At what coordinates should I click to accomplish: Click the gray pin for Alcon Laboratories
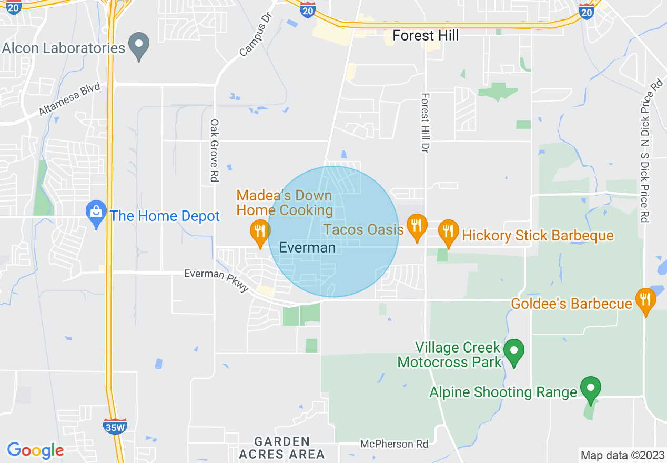coord(139,46)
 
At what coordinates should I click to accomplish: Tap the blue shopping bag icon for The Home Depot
coord(96,214)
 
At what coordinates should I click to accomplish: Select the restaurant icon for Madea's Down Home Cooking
coord(259,232)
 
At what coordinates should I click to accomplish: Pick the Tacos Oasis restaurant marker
coord(417,227)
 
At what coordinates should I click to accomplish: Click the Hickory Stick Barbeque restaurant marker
coord(448,232)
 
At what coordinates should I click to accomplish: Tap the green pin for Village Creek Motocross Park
coord(514,351)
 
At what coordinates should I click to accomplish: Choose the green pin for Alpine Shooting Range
coord(591,389)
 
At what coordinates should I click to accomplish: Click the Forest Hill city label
coord(426,35)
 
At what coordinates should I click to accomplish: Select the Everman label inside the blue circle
coord(307,247)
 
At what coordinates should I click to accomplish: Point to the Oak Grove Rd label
coord(214,150)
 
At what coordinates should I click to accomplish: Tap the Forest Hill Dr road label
coord(425,123)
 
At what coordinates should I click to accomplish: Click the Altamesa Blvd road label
coord(69,100)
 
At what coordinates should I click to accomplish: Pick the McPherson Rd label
coord(394,444)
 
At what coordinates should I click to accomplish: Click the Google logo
coord(35,450)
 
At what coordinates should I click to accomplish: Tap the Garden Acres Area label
coord(282,448)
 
